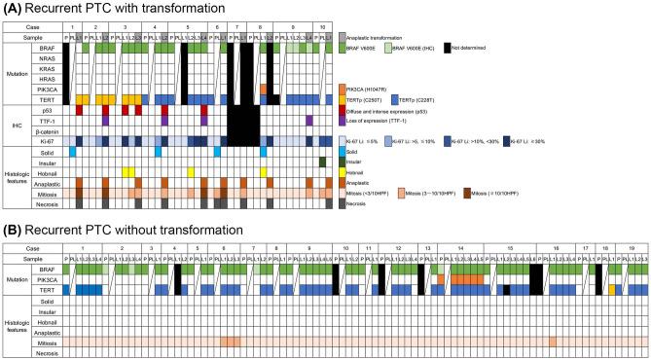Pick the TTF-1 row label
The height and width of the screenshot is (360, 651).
pos(37,120)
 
